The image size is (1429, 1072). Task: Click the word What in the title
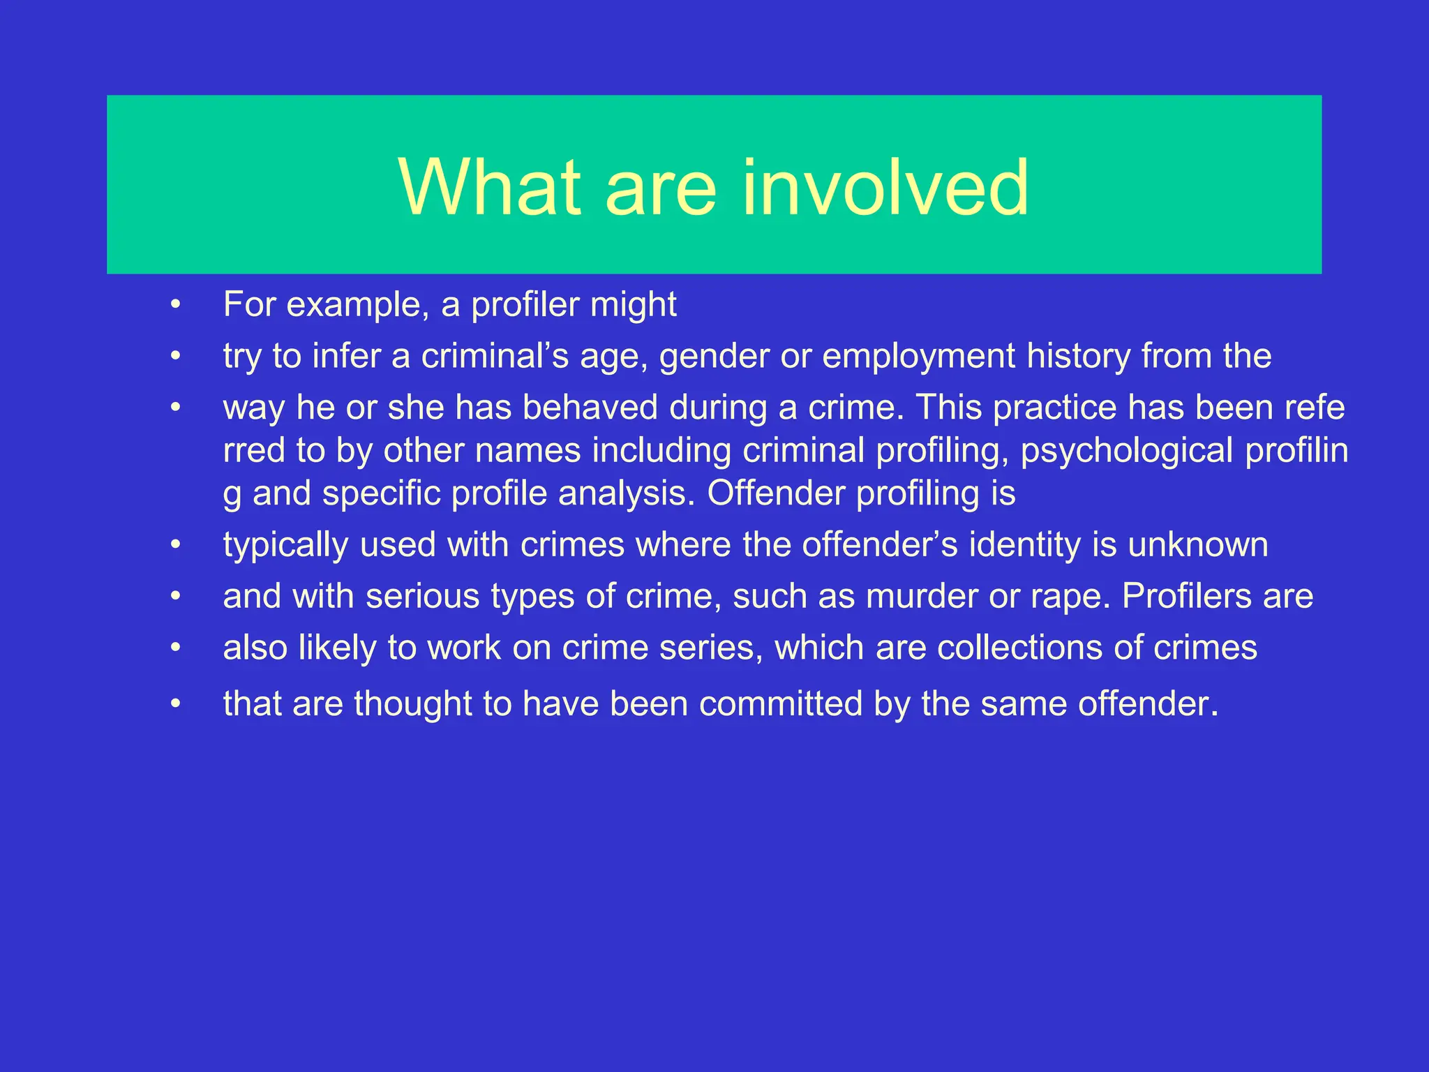[489, 187]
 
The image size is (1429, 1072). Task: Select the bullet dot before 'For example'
[176, 304]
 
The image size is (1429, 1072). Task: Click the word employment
[918, 357]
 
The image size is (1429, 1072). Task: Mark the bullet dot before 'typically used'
[176, 544]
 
